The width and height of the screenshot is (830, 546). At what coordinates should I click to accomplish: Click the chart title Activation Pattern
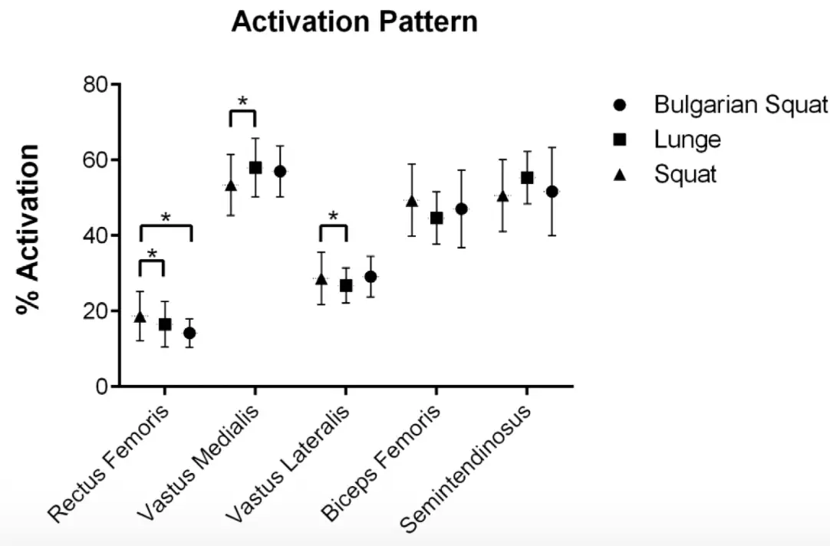354,22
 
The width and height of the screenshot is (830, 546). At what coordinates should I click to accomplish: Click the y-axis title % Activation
29,229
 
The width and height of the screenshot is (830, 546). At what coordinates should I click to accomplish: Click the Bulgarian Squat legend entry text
740,104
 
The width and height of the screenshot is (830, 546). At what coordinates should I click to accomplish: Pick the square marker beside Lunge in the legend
621,140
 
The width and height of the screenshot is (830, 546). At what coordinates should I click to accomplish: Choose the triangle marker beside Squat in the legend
621,174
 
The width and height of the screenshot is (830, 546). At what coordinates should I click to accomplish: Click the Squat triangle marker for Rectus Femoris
140,317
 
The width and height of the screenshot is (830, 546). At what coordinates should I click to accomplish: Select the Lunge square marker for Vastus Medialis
255,168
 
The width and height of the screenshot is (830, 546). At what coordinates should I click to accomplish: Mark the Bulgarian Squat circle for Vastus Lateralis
371,277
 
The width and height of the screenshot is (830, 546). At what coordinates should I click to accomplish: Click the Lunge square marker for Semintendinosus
527,178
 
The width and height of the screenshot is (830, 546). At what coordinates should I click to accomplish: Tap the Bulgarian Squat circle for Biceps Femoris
461,209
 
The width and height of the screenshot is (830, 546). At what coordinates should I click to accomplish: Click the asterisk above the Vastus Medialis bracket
243,101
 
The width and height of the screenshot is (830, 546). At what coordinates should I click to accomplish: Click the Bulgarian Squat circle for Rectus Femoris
189,333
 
